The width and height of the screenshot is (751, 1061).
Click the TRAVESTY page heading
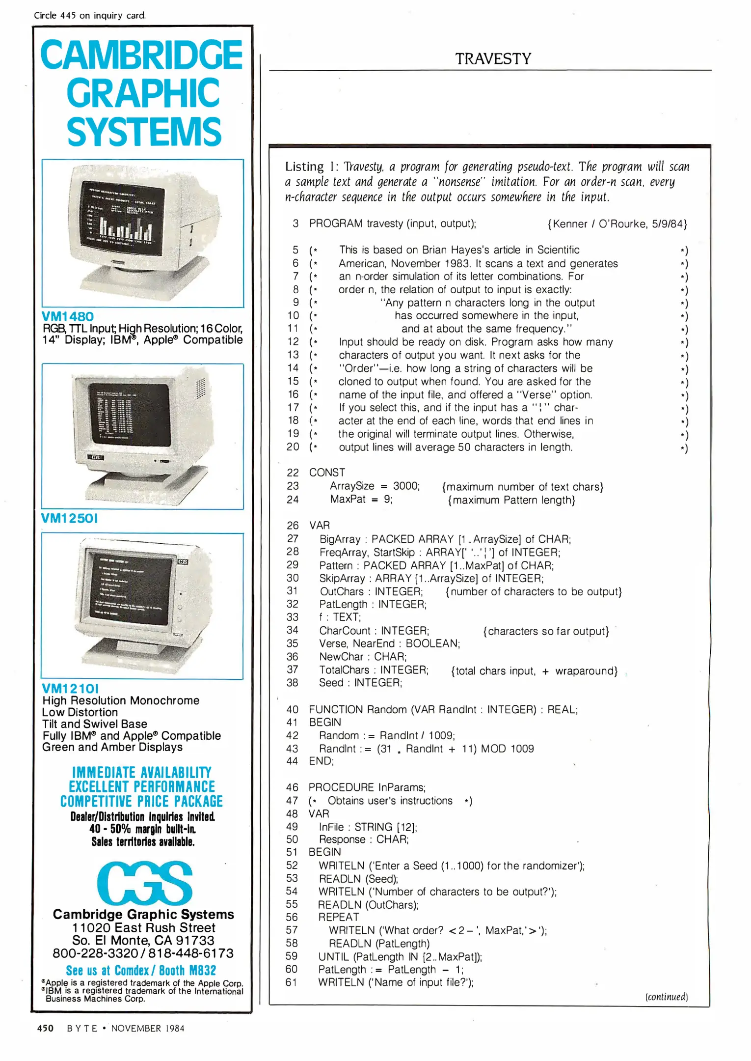[493, 59]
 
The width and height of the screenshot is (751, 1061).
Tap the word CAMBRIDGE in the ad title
[141, 55]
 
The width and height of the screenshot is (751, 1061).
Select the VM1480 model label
[68, 316]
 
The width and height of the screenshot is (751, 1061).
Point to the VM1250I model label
[70, 518]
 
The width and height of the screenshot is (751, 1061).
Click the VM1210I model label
[70, 688]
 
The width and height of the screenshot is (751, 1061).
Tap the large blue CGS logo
[144, 884]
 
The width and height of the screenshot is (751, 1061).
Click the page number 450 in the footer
[45, 1028]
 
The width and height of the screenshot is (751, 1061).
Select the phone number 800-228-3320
[95, 953]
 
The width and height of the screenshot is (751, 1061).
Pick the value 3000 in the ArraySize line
[406, 486]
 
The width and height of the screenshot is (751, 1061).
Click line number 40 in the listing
[293, 709]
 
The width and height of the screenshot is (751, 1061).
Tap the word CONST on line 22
[327, 473]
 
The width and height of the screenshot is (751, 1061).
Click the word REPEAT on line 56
[339, 917]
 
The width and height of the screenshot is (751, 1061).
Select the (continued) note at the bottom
[666, 997]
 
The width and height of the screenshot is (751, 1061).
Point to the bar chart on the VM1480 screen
[125, 226]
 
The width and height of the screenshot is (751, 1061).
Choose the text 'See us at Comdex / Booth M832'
[141, 971]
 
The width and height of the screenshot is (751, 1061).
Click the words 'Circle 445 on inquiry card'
[90, 15]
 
